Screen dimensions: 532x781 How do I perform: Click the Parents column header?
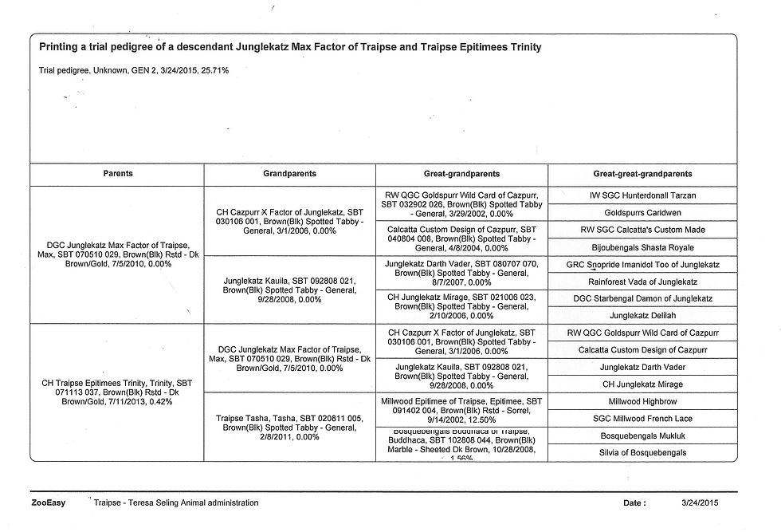click(118, 173)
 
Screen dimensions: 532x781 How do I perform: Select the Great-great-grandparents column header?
click(642, 173)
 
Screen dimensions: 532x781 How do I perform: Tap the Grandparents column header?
click(289, 173)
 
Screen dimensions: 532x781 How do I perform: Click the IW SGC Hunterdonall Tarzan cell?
click(642, 195)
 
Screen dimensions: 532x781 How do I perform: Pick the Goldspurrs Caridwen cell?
click(642, 213)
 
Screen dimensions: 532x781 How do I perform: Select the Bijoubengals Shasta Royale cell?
click(642, 247)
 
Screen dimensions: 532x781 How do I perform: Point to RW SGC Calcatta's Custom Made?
click(642, 230)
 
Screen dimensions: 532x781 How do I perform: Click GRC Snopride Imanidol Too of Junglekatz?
click(642, 264)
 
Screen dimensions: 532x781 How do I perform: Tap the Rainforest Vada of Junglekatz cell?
click(642, 282)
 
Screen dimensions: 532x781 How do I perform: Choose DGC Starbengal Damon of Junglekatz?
click(642, 298)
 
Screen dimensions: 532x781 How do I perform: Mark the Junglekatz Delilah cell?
click(642, 316)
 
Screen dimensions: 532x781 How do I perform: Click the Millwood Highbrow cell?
click(642, 401)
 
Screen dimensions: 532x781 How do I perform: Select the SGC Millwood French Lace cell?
click(642, 418)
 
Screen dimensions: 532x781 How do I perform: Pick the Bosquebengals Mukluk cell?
click(642, 435)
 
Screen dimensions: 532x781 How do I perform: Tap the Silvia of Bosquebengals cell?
click(642, 453)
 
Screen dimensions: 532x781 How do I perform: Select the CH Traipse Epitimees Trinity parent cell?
click(118, 392)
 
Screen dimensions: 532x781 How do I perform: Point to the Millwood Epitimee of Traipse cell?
click(462, 409)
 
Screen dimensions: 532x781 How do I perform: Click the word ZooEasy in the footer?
click(49, 503)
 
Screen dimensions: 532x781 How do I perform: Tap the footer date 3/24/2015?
click(700, 503)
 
